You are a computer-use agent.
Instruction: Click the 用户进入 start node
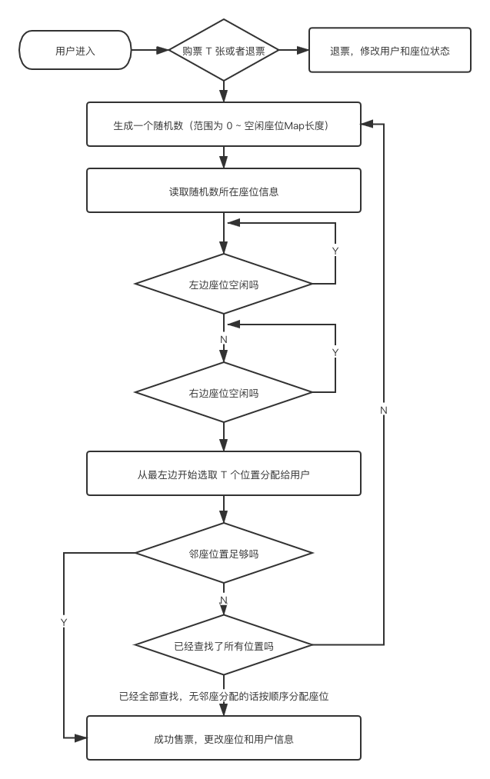(75, 52)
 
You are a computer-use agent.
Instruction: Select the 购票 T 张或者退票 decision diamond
(224, 52)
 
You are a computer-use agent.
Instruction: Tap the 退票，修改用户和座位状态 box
(389, 52)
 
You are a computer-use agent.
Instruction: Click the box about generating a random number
(224, 125)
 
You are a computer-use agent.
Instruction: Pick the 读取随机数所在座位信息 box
(224, 191)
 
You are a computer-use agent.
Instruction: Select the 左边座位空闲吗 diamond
(224, 285)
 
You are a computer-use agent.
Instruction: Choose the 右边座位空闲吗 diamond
(224, 393)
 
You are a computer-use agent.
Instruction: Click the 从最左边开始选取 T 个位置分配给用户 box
(224, 474)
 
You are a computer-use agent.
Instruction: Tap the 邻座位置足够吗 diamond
(224, 554)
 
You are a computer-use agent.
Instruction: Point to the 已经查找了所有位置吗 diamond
(224, 646)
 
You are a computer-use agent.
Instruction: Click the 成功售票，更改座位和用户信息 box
(224, 739)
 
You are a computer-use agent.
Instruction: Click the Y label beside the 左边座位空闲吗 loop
(335, 251)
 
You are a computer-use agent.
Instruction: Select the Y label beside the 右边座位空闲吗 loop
(335, 351)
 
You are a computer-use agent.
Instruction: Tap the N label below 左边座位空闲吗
(224, 339)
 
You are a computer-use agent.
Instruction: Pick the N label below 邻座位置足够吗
(224, 599)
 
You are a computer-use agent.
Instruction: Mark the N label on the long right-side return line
(384, 411)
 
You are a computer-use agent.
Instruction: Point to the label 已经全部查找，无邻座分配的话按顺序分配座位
(224, 697)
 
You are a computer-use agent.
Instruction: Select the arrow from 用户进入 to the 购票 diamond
(149, 52)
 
